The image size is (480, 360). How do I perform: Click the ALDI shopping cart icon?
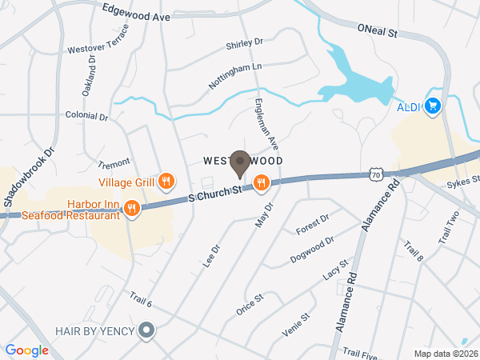[x=433, y=106]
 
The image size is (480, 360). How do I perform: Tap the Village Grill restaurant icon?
[x=166, y=182]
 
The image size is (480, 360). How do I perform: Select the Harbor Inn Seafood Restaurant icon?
[x=132, y=209]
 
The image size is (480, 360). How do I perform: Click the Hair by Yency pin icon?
[x=146, y=330]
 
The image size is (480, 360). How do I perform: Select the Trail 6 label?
[x=141, y=300]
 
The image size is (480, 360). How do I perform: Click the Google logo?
[x=27, y=350]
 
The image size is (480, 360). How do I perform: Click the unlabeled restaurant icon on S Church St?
[x=261, y=185]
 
